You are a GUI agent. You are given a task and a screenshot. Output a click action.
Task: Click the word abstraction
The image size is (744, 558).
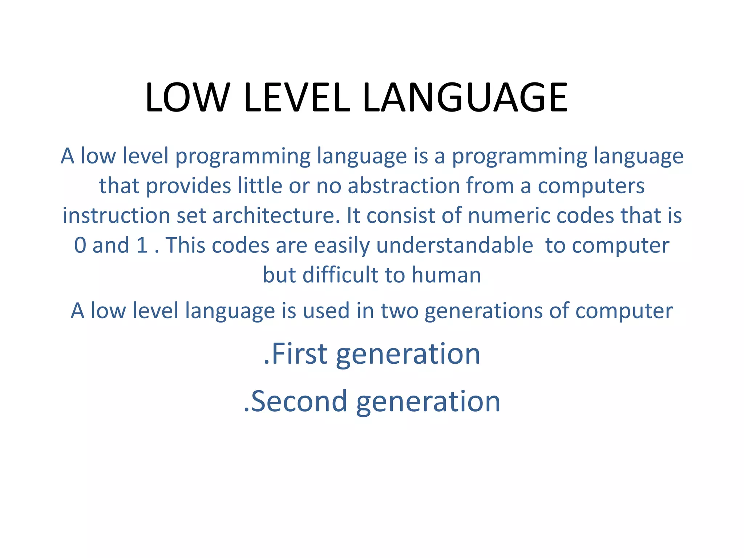[x=403, y=186]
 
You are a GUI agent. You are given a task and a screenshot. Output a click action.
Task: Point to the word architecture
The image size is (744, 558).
[x=274, y=215]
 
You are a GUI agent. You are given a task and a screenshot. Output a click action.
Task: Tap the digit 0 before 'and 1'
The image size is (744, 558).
[x=80, y=245]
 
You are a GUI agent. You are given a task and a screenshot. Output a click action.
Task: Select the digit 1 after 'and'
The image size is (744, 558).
[x=142, y=245]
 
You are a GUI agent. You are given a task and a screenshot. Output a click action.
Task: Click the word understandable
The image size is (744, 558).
[x=454, y=245]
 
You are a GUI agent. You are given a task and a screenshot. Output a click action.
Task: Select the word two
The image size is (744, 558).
[x=399, y=311]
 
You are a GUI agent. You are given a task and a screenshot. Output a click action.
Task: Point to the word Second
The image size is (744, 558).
[x=299, y=401]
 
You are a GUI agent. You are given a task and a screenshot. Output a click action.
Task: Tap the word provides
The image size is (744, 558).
[x=189, y=186]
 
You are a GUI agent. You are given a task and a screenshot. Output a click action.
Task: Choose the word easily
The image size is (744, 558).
[x=342, y=245]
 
